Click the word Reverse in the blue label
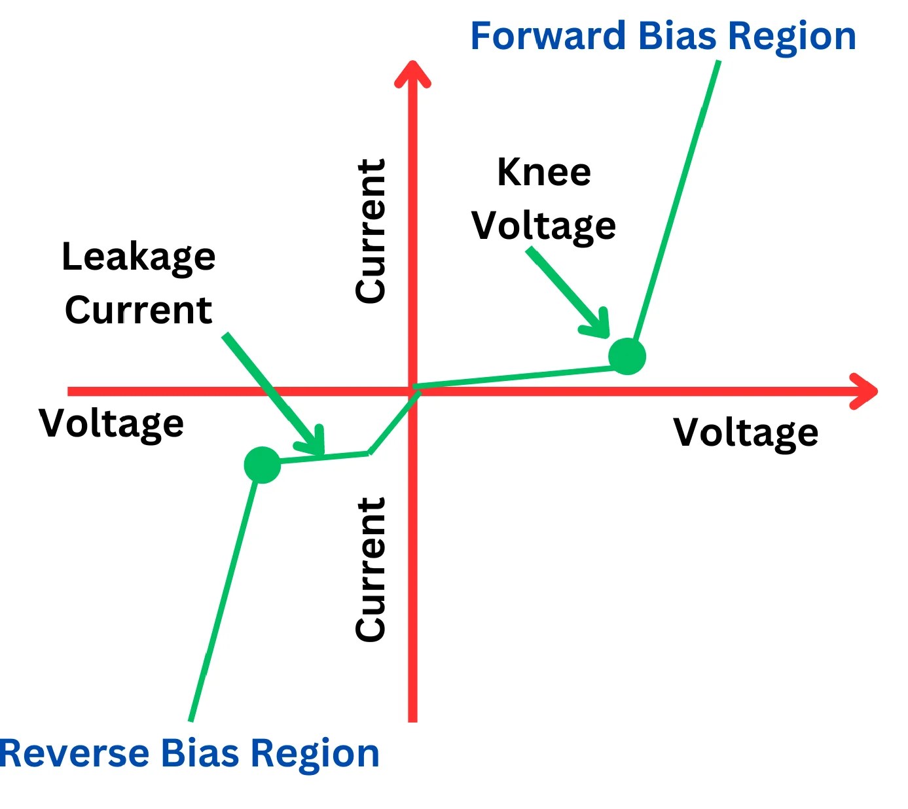[74, 753]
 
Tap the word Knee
[544, 172]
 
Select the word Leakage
[138, 257]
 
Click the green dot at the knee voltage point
[627, 356]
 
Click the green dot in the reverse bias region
[262, 465]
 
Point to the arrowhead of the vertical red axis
[412, 72]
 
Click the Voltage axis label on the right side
[746, 433]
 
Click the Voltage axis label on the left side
[111, 424]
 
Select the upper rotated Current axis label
[371, 230]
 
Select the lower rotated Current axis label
[371, 569]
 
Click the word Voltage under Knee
[543, 226]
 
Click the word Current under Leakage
[138, 310]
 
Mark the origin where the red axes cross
[412, 391]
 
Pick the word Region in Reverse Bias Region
[315, 753]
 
